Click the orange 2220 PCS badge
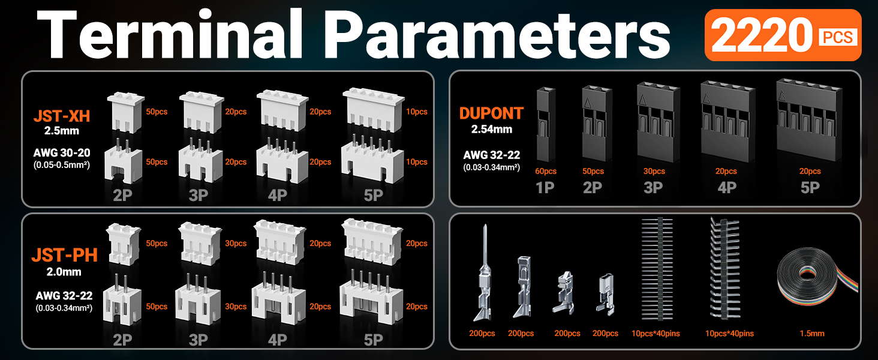pyautogui.click(x=783, y=35)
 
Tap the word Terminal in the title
pyautogui.click(x=172, y=35)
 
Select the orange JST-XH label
pyautogui.click(x=66, y=115)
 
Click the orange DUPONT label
pyautogui.click(x=491, y=113)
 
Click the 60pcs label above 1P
pyautogui.click(x=546, y=172)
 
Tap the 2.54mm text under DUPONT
pyautogui.click(x=491, y=129)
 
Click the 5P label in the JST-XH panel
pyautogui.click(x=373, y=197)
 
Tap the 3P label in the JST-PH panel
pyautogui.click(x=198, y=340)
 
